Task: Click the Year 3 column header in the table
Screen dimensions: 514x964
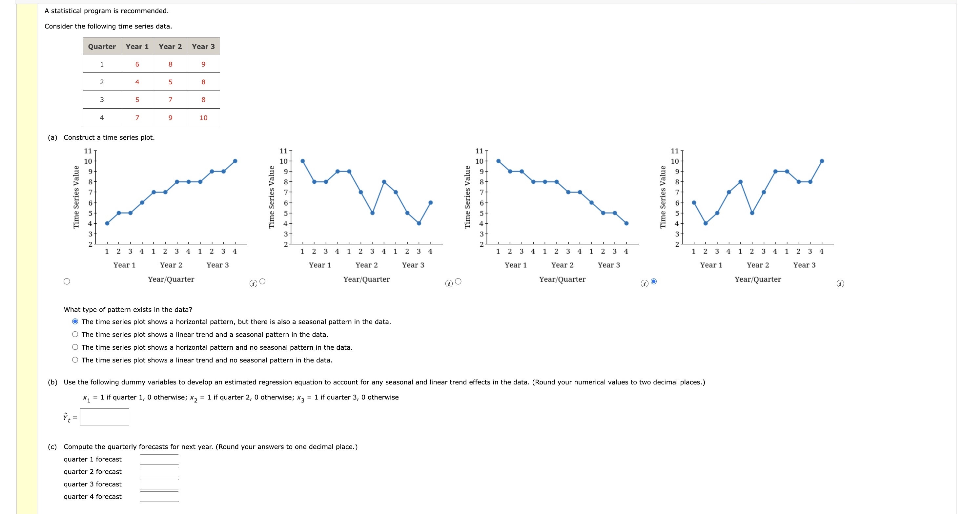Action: coord(203,47)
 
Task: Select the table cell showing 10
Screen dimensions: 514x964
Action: coord(203,117)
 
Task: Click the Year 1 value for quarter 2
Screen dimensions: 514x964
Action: coord(137,82)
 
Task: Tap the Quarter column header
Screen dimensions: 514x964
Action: coord(102,47)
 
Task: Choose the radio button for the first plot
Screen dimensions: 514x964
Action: coord(67,281)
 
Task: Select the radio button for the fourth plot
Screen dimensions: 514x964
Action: coord(654,281)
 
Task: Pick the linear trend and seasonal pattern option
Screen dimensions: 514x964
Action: coord(75,334)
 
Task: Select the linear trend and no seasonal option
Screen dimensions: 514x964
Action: coord(75,360)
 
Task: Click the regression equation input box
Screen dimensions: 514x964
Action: coord(104,417)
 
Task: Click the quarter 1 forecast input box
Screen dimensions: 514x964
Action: coord(159,459)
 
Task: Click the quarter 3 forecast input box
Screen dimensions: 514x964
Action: coord(159,484)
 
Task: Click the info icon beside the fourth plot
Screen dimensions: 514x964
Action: coord(840,284)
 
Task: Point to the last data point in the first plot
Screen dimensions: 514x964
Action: coord(235,161)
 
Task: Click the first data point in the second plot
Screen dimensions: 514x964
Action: coord(303,161)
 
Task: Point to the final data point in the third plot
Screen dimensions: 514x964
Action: coord(626,223)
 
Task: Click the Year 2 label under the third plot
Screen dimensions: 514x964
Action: coord(562,265)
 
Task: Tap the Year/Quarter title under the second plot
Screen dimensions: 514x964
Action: coord(366,279)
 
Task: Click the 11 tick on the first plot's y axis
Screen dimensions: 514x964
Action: coord(88,151)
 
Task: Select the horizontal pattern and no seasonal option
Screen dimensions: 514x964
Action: coord(75,347)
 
